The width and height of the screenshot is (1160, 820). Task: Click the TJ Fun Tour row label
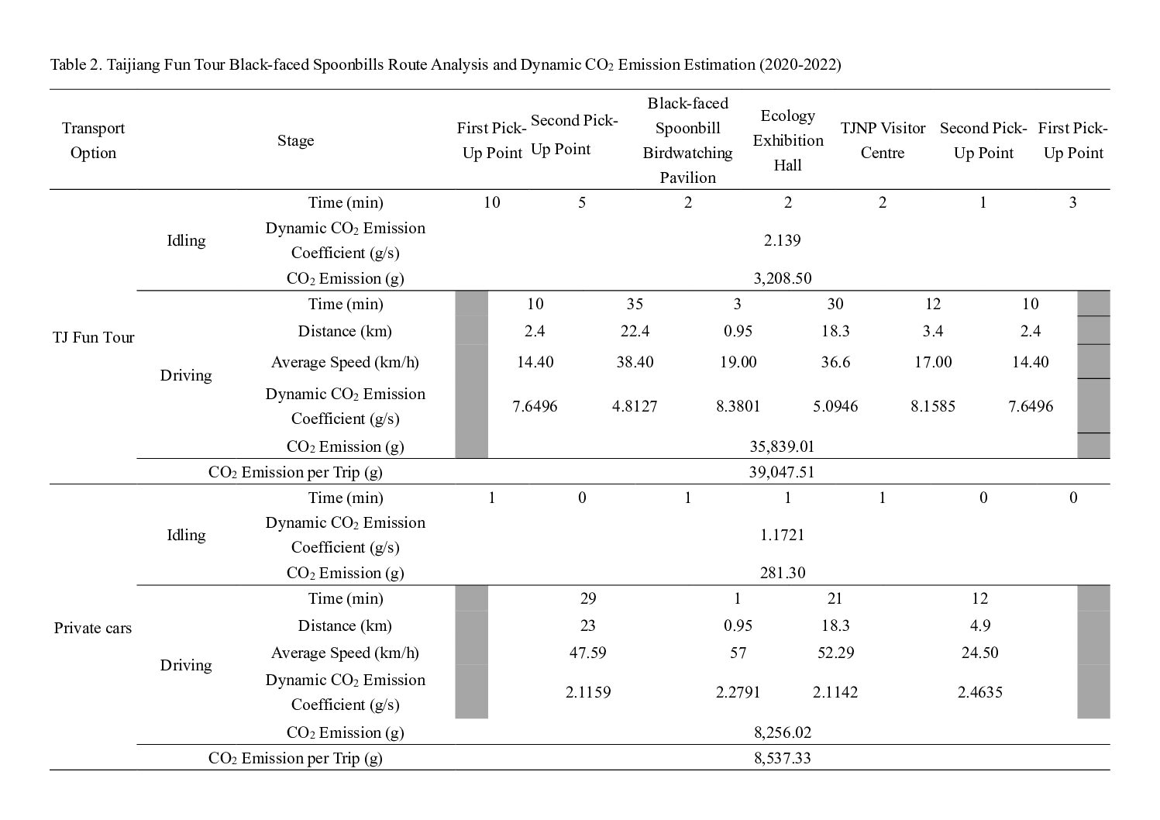[x=93, y=337]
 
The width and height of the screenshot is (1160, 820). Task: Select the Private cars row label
[x=93, y=628]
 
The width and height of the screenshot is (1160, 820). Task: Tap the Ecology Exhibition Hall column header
[x=787, y=140]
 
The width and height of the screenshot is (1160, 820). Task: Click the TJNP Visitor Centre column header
[x=883, y=140]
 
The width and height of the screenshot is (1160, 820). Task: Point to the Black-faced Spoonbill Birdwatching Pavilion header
[x=687, y=140]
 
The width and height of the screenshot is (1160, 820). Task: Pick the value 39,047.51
[x=781, y=472]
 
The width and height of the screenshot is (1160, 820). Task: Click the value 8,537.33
[x=782, y=758]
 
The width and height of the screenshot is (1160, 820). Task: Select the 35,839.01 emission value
[x=781, y=446]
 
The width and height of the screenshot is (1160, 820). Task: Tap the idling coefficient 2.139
[x=782, y=240]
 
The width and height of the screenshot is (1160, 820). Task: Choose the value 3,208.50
[x=782, y=278]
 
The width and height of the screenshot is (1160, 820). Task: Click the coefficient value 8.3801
[x=738, y=406]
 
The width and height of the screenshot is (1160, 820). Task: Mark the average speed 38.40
[x=635, y=362]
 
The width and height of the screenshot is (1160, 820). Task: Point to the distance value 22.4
[x=635, y=332]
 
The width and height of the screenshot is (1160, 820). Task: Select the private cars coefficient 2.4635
[x=979, y=692]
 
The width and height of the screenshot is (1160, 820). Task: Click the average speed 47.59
[x=587, y=653]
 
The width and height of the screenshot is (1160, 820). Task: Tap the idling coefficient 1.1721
[x=782, y=535]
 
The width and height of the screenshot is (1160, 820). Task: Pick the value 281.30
[x=782, y=573]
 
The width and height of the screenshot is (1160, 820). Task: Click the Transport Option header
[x=93, y=140]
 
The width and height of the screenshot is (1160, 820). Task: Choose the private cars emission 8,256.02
[x=782, y=732]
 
